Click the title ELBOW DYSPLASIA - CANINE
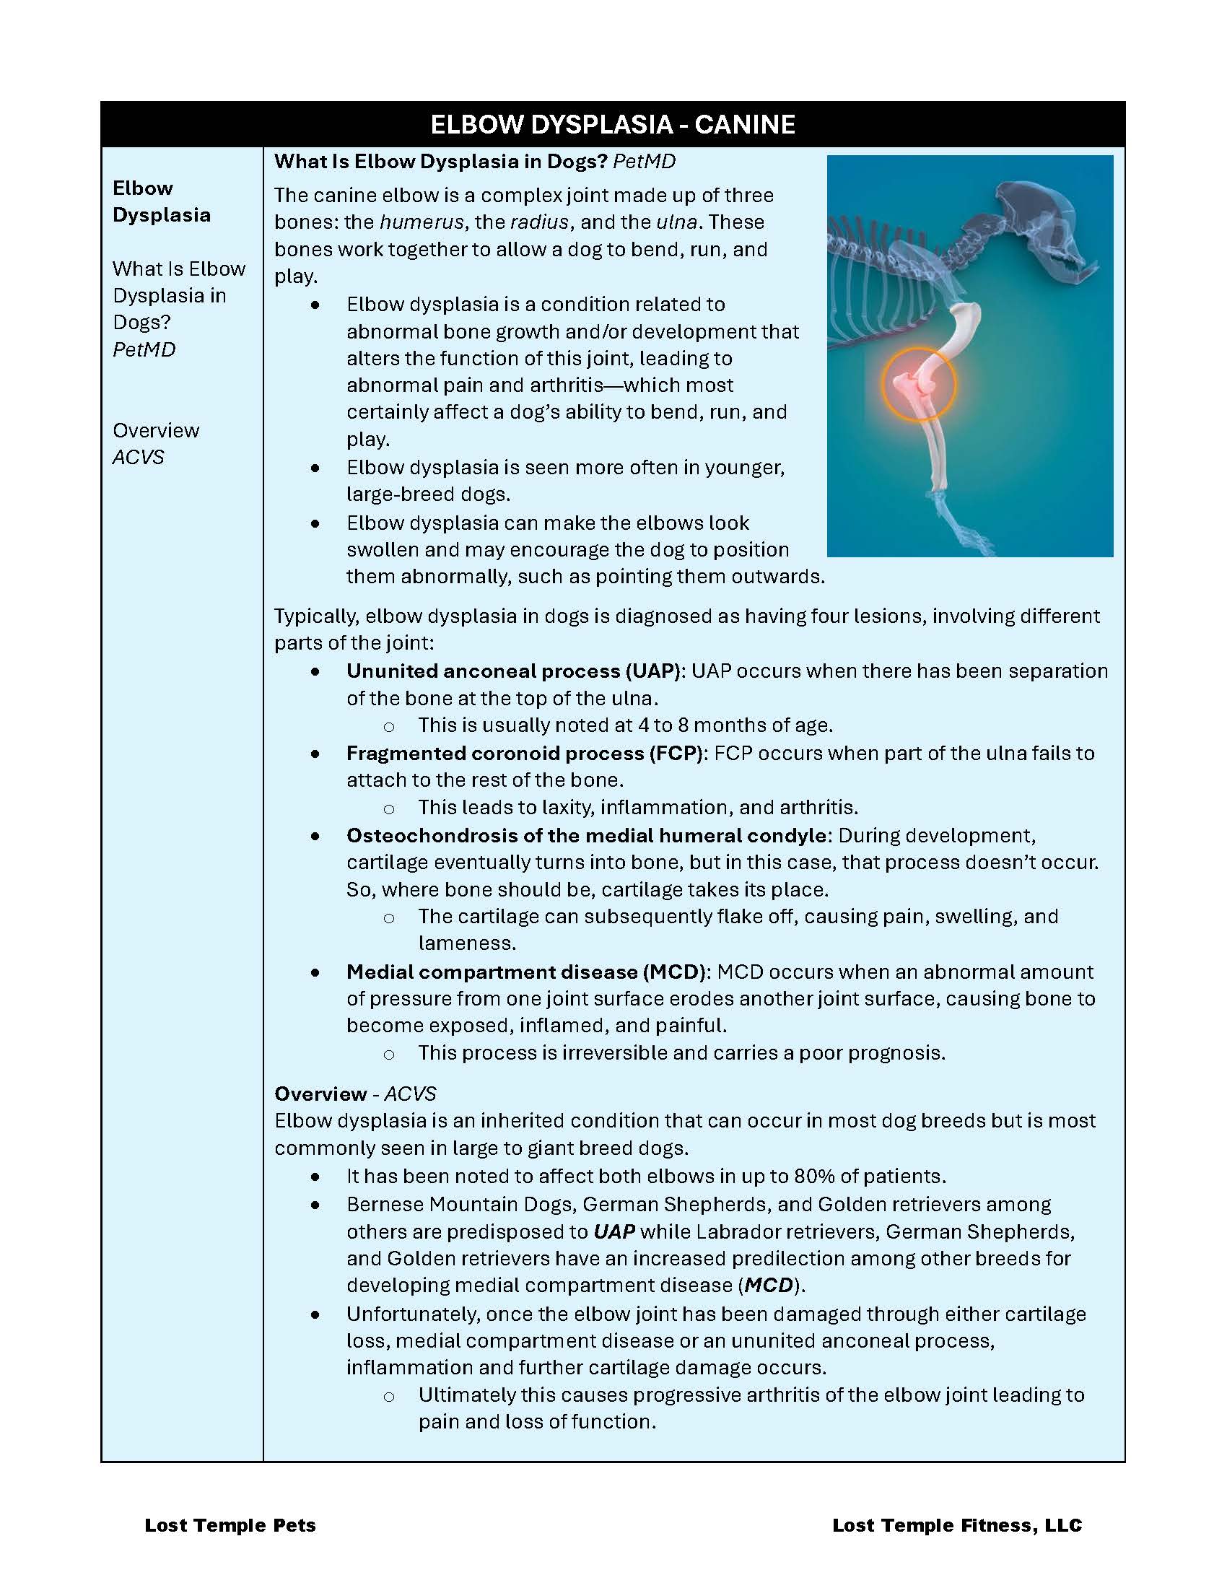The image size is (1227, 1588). [x=612, y=124]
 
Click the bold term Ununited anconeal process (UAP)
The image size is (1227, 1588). [x=512, y=671]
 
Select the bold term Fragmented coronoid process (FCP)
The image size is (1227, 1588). [x=524, y=754]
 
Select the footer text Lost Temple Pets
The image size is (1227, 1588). [x=230, y=1525]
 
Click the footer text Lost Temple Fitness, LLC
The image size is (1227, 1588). [x=956, y=1525]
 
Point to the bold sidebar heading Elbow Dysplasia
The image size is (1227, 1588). [x=162, y=201]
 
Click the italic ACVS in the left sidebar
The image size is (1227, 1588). [x=138, y=458]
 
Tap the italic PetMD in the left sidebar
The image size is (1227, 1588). [x=144, y=350]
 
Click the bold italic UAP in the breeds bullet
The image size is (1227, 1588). [x=614, y=1231]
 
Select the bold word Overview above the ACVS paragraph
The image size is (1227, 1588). [x=320, y=1094]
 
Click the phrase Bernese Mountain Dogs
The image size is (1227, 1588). [x=458, y=1205]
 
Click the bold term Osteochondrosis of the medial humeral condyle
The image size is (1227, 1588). [x=586, y=835]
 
